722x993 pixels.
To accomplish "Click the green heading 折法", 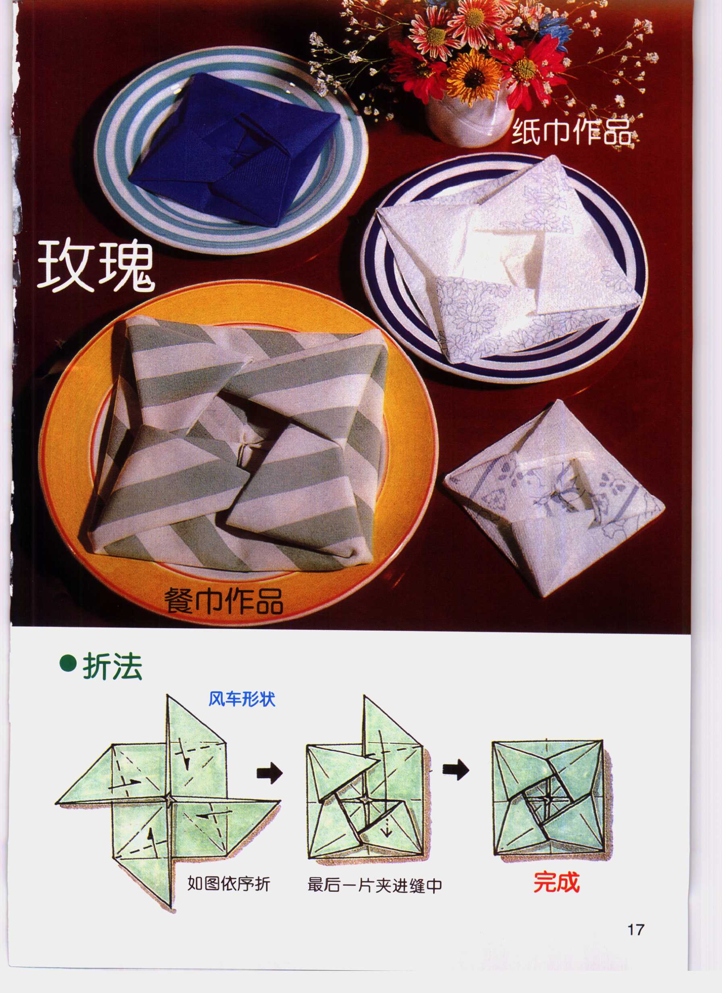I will click(112, 667).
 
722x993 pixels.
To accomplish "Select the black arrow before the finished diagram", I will click(455, 771).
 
